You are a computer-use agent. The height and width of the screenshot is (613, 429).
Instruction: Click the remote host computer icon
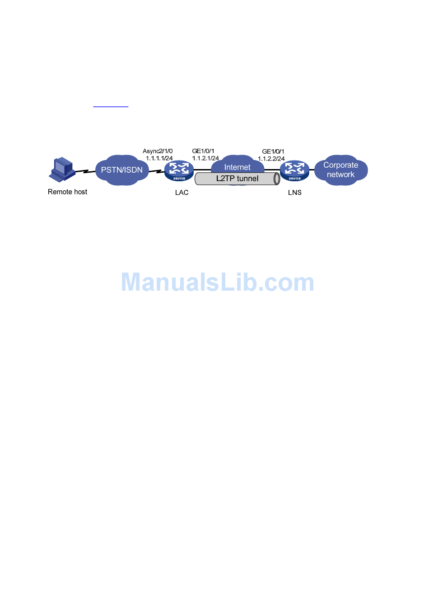[62, 169]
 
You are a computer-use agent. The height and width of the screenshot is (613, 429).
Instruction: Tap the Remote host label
[67, 192]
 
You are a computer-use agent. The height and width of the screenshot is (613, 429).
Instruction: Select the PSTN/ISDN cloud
[122, 170]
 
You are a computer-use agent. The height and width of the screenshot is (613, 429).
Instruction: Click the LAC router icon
[179, 170]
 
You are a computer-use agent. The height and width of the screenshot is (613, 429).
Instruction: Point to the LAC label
[182, 193]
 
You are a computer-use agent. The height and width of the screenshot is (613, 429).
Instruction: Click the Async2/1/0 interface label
[158, 151]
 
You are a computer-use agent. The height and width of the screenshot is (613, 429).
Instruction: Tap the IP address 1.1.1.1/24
[159, 158]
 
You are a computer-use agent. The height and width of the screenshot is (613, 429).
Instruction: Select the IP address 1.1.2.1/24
[205, 158]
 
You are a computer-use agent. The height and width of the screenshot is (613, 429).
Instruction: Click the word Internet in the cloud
[237, 167]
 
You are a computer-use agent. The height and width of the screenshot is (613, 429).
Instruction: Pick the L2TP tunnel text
[237, 179]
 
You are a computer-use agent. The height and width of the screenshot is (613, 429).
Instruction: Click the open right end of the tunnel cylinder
[277, 179]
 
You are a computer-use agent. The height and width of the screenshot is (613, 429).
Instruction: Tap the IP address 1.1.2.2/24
[271, 159]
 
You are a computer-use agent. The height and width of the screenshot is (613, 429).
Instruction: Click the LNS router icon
[294, 170]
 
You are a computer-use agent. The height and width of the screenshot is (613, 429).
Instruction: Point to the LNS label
[294, 193]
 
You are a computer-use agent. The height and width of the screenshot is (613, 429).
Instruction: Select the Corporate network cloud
[341, 170]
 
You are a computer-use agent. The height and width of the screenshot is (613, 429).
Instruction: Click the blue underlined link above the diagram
[111, 106]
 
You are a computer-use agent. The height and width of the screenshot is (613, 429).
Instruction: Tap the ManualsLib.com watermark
[217, 283]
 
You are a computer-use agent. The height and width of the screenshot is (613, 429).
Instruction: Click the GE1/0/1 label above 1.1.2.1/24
[203, 151]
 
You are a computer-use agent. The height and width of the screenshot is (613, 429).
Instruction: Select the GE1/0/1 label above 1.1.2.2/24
[273, 151]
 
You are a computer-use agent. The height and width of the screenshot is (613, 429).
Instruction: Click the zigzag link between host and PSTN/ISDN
[85, 171]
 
